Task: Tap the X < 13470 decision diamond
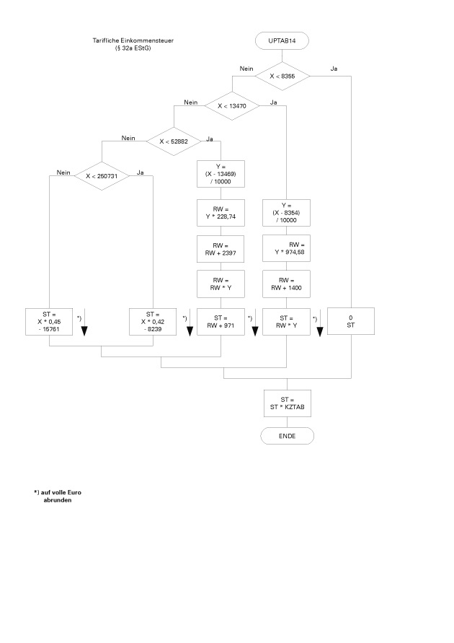click(x=233, y=106)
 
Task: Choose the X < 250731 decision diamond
click(x=101, y=175)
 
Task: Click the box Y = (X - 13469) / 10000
click(x=221, y=175)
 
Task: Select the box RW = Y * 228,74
click(x=221, y=214)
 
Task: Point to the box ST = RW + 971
click(x=221, y=322)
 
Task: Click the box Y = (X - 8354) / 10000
click(x=286, y=213)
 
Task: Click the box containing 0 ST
click(x=351, y=322)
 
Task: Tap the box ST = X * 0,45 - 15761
click(x=49, y=322)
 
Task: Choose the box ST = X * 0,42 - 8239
click(x=153, y=322)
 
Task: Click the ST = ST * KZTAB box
click(x=286, y=402)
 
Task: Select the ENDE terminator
click(x=286, y=436)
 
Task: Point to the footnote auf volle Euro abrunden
click(x=58, y=496)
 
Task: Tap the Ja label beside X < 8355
click(x=334, y=69)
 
